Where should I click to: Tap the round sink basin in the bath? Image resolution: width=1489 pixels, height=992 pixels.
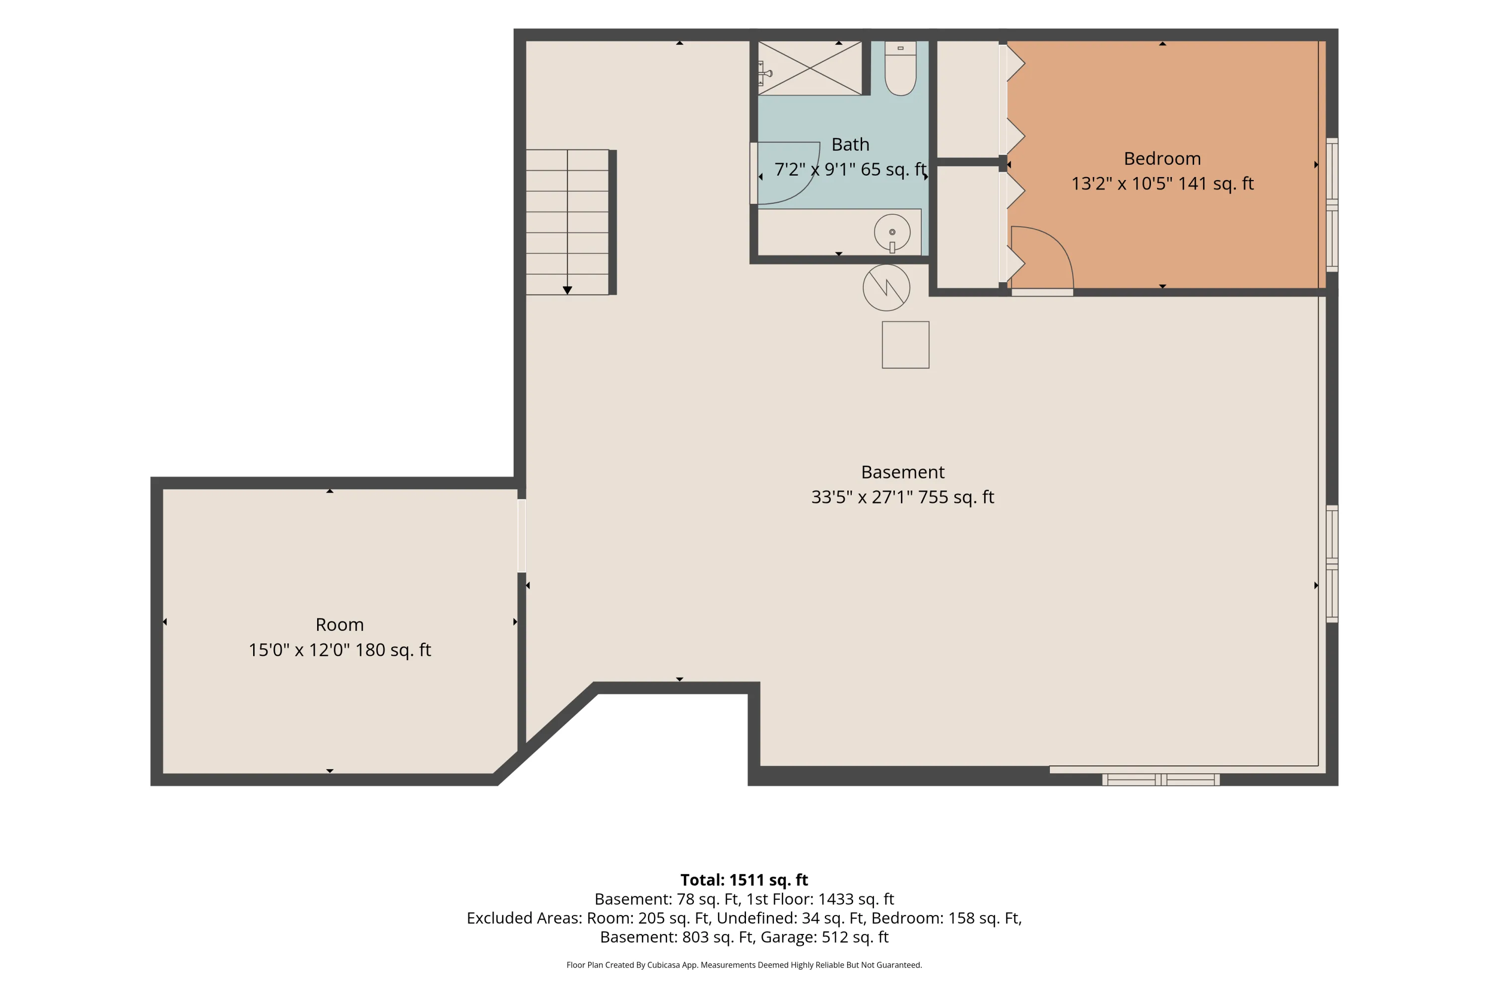[x=892, y=232]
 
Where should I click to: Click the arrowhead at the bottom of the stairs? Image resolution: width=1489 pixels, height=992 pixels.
[x=567, y=290]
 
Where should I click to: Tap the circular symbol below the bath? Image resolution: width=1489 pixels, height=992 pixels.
[x=886, y=287]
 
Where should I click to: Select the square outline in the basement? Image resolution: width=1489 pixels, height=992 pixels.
[x=905, y=345]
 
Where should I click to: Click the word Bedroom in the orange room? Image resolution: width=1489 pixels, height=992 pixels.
[x=1162, y=159]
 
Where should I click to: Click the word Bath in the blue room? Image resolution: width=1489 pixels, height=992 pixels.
[x=850, y=144]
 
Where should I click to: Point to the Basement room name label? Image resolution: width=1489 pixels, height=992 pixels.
[x=903, y=472]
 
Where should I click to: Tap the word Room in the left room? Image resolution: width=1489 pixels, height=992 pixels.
[x=339, y=624]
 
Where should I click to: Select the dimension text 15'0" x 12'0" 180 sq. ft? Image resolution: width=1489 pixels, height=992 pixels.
[x=339, y=650]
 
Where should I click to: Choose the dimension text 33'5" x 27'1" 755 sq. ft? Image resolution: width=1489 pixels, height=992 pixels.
[x=903, y=497]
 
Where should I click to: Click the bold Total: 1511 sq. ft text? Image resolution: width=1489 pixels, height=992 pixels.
[x=744, y=880]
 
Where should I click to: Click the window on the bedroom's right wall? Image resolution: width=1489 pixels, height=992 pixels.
[x=1332, y=205]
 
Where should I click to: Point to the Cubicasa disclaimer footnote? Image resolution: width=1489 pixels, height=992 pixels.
[x=744, y=965]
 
